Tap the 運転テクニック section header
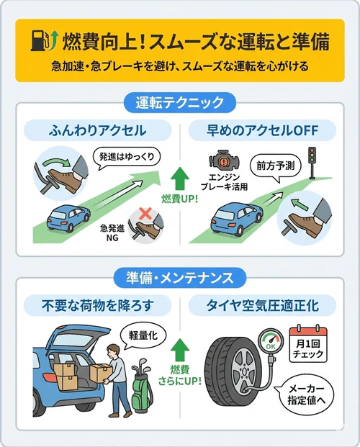180,102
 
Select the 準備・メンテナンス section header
180,276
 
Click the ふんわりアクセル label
96,130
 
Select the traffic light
312,160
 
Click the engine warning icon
220,161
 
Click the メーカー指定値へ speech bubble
310,393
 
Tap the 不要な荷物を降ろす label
96,305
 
